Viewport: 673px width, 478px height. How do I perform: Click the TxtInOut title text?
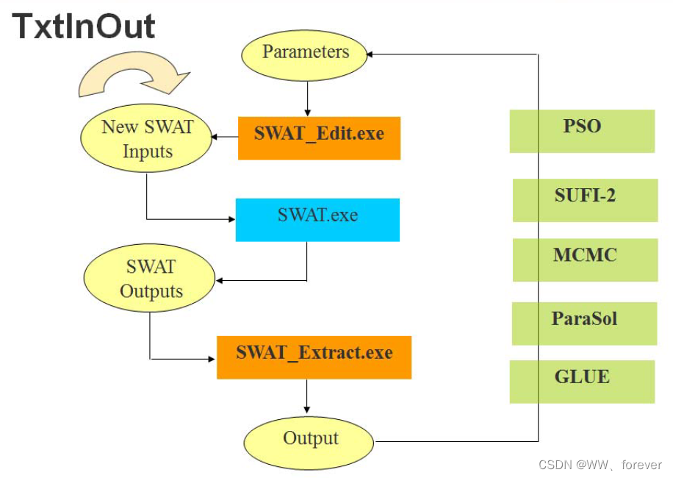click(x=84, y=26)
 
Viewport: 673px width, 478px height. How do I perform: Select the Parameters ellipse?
click(x=305, y=53)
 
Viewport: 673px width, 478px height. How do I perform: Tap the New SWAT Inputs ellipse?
click(x=147, y=139)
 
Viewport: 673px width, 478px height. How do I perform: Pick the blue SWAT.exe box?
click(x=317, y=219)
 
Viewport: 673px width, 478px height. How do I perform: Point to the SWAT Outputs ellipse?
click(x=151, y=279)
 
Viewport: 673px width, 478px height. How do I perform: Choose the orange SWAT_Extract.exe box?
click(x=314, y=357)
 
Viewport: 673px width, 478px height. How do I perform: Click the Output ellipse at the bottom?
click(x=310, y=439)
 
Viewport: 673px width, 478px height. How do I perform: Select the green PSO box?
click(x=582, y=131)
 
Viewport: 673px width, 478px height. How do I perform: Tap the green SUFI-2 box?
click(x=585, y=200)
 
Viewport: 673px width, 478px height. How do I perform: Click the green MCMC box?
click(x=585, y=260)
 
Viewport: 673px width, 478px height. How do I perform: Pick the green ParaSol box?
click(x=584, y=323)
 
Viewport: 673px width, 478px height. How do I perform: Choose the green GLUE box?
click(x=582, y=381)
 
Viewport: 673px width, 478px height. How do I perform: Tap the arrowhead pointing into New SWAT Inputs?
click(x=215, y=137)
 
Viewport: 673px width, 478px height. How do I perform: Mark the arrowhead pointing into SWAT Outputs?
click(x=219, y=280)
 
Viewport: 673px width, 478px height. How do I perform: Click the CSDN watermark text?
click(x=600, y=465)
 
